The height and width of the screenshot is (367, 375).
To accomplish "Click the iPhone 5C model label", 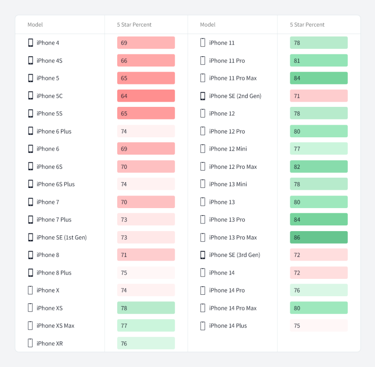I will tap(49, 96).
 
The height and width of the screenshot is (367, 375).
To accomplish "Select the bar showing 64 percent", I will tap(146, 96).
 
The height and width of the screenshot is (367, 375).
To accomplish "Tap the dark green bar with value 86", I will tap(319, 238).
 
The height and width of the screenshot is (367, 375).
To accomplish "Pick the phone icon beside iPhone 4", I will tap(30, 43).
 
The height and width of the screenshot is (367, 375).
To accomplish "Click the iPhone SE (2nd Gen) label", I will tap(235, 96).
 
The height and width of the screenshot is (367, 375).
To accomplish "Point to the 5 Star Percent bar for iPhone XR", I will tap(146, 344).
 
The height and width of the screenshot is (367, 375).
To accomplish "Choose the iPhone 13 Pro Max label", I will tap(233, 238).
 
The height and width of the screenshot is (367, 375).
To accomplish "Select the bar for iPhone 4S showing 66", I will tap(146, 60).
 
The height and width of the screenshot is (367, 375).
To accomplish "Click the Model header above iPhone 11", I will tap(208, 25).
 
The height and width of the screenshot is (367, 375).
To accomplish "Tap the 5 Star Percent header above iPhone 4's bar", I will tap(134, 25).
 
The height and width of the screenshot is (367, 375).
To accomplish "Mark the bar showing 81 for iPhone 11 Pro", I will tap(319, 60).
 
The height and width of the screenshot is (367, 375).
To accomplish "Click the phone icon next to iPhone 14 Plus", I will tap(203, 326).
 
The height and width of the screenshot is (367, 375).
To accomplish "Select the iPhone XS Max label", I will tap(55, 326).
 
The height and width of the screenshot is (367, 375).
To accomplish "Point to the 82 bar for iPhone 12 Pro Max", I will tap(319, 167).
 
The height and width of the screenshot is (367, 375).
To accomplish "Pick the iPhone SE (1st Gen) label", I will tap(61, 238).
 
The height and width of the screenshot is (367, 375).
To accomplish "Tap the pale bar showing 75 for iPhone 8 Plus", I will tap(146, 273).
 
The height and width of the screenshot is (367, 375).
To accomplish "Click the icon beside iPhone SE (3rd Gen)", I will tap(203, 255).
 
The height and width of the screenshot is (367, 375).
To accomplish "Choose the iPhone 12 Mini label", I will tap(228, 149).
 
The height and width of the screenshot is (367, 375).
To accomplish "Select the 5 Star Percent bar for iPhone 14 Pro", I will tap(319, 291).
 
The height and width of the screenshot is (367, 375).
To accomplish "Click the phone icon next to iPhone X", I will tap(30, 291).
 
